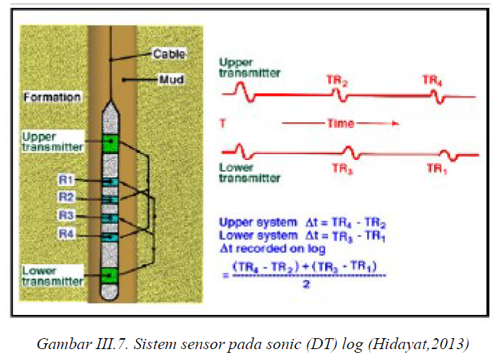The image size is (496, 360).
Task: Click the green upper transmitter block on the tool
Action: [111, 143]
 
